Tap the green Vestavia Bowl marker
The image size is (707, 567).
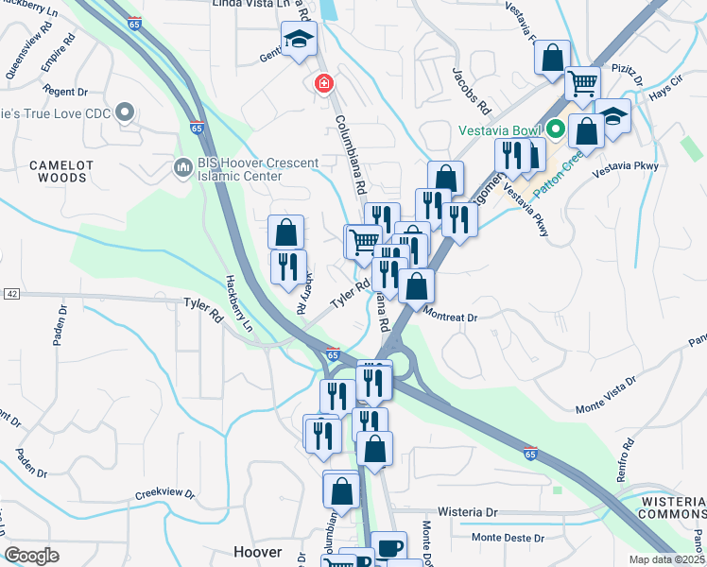click(x=557, y=129)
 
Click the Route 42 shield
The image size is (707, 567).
click(x=10, y=294)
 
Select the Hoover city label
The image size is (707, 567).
click(x=257, y=552)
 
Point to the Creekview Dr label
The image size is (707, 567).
click(x=164, y=494)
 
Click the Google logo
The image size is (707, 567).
click(x=32, y=556)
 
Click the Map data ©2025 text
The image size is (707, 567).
click(x=666, y=559)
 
